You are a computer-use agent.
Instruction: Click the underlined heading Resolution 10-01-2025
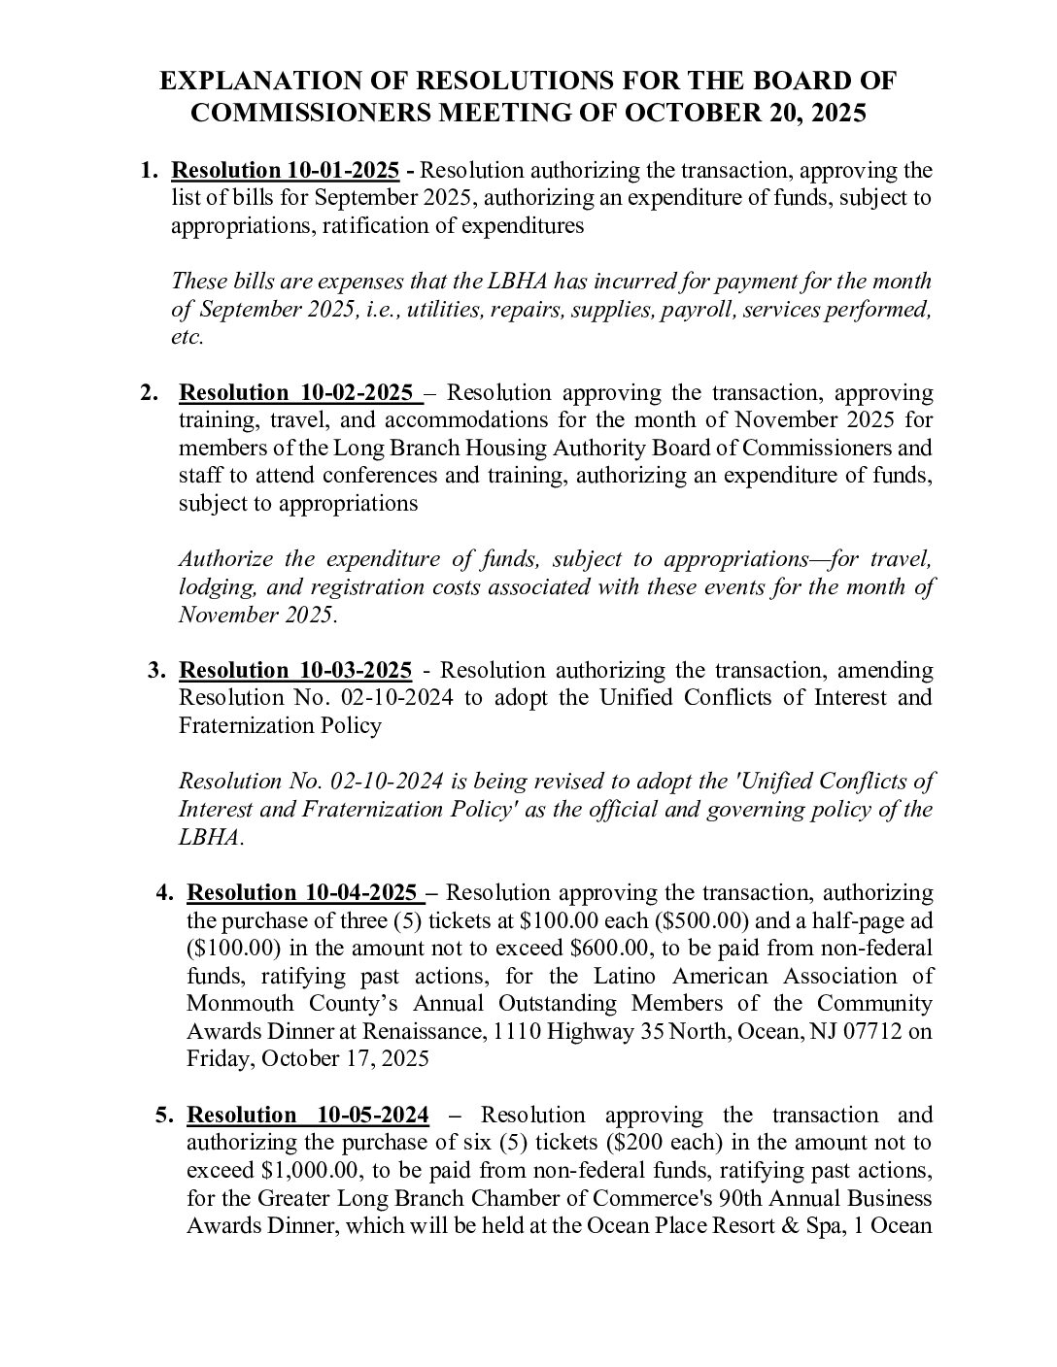coord(286,171)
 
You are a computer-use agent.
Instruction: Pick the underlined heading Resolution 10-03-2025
coord(295,670)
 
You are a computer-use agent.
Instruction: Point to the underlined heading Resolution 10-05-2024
coord(308,1115)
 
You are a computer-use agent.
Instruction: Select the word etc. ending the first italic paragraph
coord(188,338)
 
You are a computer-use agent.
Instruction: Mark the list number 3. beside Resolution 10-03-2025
coord(157,670)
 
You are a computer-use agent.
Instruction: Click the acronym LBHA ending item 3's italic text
coord(211,837)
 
